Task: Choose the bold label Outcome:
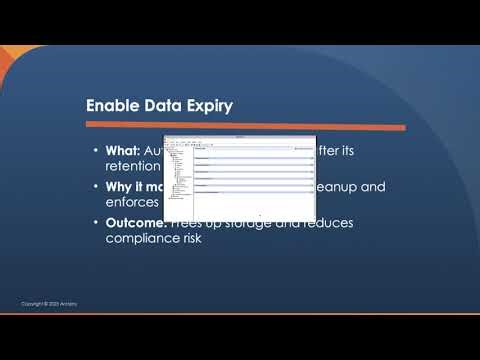139,222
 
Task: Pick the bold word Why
121,187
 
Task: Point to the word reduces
313,222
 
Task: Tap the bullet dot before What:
94,151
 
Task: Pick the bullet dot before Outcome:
94,222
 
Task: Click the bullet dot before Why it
94,187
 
